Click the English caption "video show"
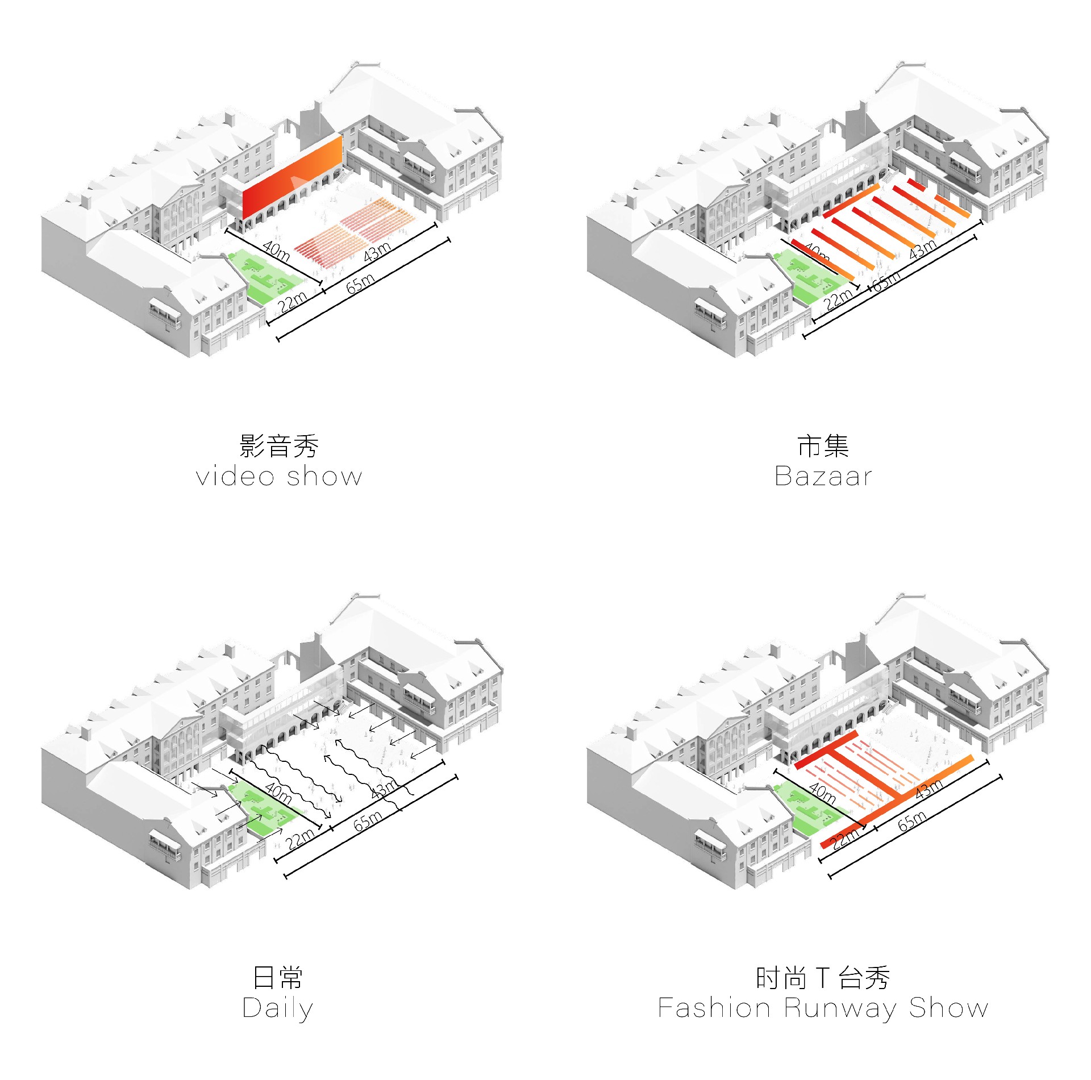(x=278, y=476)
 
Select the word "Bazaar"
(x=823, y=476)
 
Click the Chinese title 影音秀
(x=279, y=446)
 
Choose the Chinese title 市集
(x=823, y=446)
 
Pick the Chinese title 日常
(x=278, y=978)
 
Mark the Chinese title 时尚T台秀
(x=823, y=978)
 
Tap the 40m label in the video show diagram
(x=277, y=251)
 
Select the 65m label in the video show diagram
(x=360, y=283)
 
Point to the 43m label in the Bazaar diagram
(x=922, y=249)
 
